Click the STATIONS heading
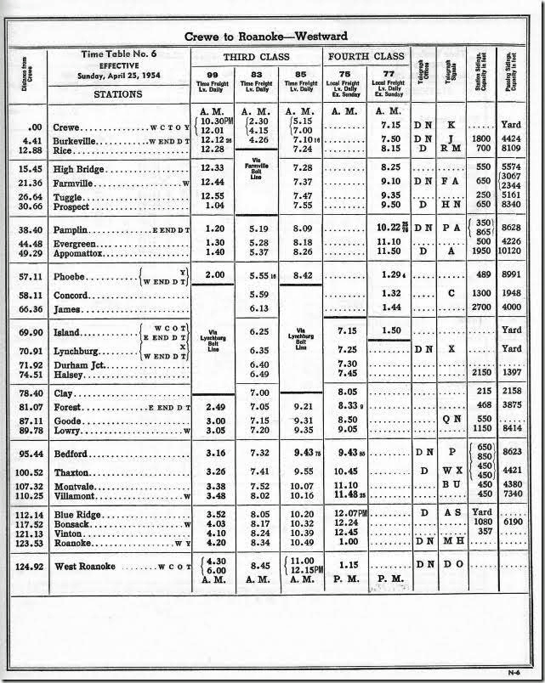click(117, 94)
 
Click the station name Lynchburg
click(77, 348)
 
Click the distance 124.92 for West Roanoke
click(30, 565)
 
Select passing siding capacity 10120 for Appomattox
click(515, 253)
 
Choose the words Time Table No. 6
click(118, 54)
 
